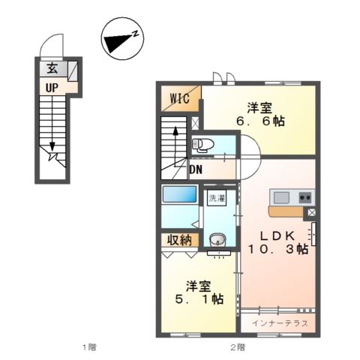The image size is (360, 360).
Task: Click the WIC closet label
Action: (x=179, y=99)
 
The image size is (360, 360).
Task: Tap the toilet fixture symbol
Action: (x=203, y=145)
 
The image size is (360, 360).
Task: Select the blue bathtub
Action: (x=179, y=194)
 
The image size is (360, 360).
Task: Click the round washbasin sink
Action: (x=217, y=239)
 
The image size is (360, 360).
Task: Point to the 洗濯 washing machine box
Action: (x=217, y=198)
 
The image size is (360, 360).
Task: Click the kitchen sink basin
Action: (x=281, y=197)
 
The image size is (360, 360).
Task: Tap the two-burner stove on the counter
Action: (x=305, y=197)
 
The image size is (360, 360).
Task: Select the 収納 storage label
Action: (x=179, y=240)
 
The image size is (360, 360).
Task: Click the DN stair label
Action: (x=196, y=170)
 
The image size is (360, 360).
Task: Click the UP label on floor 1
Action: (x=52, y=88)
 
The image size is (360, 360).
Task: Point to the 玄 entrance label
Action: (x=52, y=68)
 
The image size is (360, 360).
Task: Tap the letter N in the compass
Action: (x=136, y=34)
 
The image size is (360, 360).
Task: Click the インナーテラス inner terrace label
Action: (x=280, y=323)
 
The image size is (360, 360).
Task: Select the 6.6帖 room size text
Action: (x=260, y=121)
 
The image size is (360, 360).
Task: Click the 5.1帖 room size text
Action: (x=199, y=299)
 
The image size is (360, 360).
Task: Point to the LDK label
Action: (x=277, y=235)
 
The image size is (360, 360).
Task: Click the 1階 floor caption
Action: (x=89, y=347)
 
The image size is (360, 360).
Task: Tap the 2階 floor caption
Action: (x=238, y=347)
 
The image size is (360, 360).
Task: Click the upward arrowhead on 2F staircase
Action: (x=175, y=130)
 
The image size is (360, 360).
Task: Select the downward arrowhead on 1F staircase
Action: (x=52, y=145)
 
